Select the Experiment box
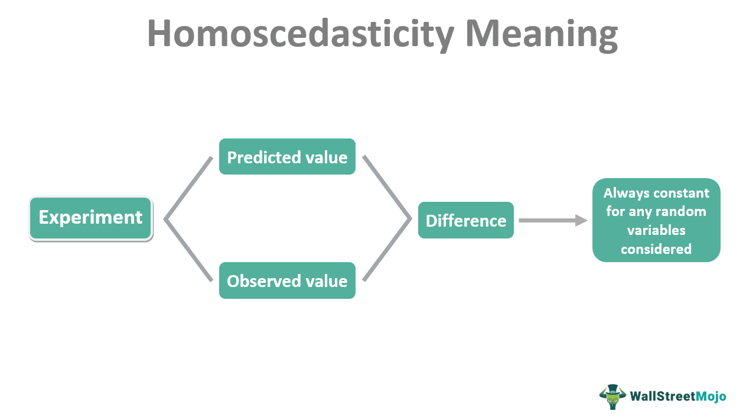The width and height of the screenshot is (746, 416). pyautogui.click(x=90, y=218)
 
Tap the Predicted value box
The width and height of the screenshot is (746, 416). pyautogui.click(x=287, y=157)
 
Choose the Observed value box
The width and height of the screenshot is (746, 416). pyautogui.click(x=287, y=280)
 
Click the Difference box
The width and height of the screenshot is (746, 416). pyautogui.click(x=465, y=221)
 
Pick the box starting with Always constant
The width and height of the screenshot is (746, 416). pyautogui.click(x=656, y=220)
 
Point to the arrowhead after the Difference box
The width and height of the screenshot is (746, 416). pyautogui.click(x=582, y=220)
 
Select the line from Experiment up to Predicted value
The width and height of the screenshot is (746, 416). pyautogui.click(x=188, y=188)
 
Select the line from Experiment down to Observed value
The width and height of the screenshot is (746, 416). pyautogui.click(x=188, y=250)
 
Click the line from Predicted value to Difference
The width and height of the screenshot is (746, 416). pyautogui.click(x=387, y=188)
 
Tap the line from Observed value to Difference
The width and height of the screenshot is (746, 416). pyautogui.click(x=387, y=250)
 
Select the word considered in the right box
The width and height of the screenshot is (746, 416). pyautogui.click(x=656, y=249)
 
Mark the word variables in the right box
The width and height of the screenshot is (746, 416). pyautogui.click(x=656, y=230)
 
